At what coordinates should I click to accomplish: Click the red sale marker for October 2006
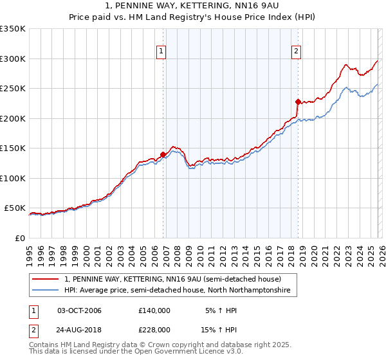point(163,154)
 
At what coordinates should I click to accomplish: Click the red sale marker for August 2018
point(298,102)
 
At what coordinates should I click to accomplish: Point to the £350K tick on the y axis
point(13,29)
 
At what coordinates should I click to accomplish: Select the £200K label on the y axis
point(13,118)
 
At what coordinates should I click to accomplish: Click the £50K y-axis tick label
point(15,208)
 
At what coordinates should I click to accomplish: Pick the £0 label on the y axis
point(21,238)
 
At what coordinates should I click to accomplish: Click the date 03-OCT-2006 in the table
point(79,310)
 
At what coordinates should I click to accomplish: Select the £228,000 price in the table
point(154,329)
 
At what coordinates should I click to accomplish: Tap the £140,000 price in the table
point(154,310)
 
